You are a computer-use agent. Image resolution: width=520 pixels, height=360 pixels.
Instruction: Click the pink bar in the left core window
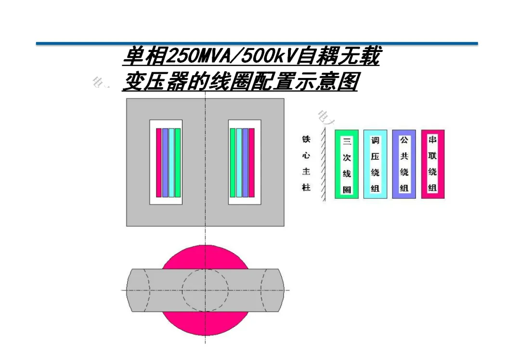(x=159, y=163)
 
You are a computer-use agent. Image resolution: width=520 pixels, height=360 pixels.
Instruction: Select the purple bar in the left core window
(x=165, y=163)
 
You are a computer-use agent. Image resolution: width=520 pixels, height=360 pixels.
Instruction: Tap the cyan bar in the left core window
(x=171, y=163)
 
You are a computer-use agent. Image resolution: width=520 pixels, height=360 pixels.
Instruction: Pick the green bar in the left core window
(x=178, y=163)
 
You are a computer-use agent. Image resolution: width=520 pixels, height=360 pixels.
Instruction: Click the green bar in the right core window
(x=233, y=163)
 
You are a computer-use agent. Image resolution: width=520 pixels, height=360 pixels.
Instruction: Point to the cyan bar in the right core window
(x=239, y=163)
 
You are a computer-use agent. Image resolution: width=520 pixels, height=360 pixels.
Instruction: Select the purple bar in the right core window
(x=245, y=163)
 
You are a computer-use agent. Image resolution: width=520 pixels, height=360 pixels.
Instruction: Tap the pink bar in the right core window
(x=251, y=163)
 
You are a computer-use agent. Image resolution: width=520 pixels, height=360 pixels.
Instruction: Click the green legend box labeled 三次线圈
(x=347, y=164)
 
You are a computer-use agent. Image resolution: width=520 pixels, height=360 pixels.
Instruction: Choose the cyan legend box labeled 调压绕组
(x=375, y=164)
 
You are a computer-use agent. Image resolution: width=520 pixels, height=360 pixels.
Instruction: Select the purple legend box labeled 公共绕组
(x=404, y=164)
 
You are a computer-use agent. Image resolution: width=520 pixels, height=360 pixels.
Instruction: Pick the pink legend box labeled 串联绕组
(x=432, y=164)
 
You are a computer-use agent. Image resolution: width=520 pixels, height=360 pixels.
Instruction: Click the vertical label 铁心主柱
(x=306, y=164)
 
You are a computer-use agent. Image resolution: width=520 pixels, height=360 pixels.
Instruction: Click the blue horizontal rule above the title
(x=257, y=44)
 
